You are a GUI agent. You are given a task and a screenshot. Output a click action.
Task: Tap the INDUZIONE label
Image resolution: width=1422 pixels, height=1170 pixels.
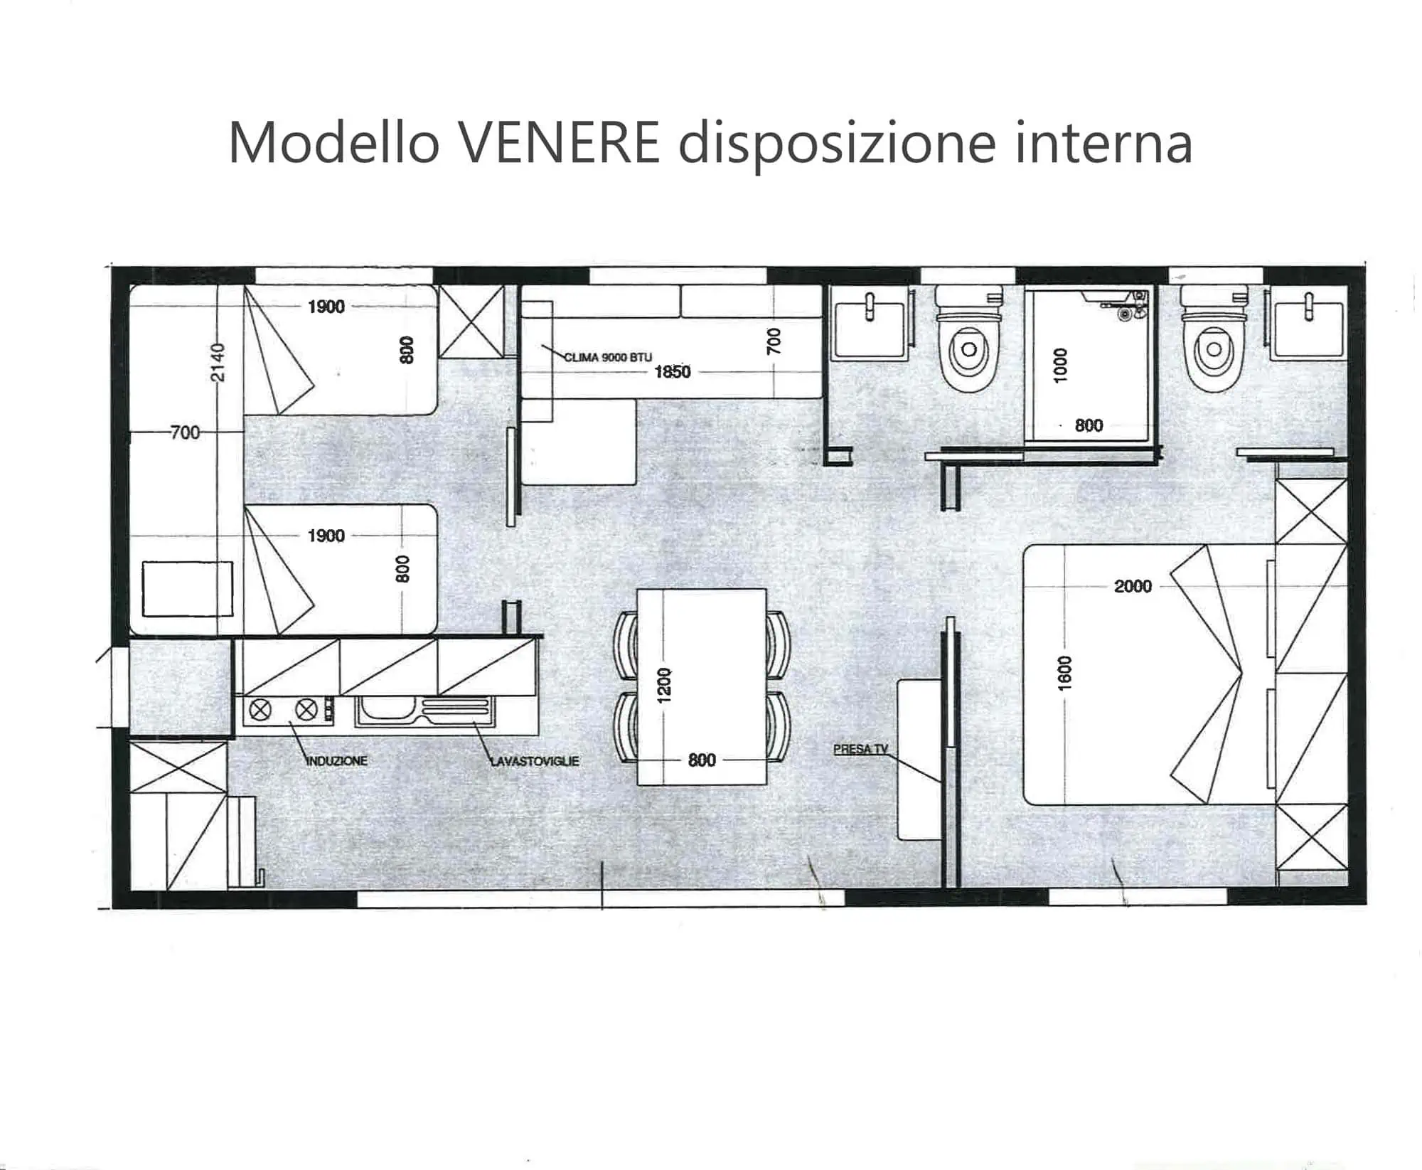[336, 760]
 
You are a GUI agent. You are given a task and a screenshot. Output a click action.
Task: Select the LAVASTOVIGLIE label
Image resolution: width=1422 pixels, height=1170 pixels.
[535, 760]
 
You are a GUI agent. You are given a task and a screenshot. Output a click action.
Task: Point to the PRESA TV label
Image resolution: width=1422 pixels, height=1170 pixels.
[860, 749]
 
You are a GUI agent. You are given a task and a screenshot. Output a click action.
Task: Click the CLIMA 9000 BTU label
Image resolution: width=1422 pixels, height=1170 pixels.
[608, 357]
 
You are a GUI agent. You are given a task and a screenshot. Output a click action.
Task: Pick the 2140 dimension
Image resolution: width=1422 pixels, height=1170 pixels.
[218, 363]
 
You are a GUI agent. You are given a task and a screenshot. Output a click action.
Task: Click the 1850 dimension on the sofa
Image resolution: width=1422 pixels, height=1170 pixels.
[672, 372]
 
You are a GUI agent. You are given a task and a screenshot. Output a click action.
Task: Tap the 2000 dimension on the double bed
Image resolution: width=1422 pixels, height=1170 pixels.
[1133, 586]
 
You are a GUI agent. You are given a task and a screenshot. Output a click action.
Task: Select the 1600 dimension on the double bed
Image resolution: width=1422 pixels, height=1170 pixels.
[1064, 673]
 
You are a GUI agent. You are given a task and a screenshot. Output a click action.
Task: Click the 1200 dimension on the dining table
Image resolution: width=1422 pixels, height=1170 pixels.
[664, 686]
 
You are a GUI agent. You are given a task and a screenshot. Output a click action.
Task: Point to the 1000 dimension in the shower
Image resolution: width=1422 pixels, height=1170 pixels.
[1060, 366]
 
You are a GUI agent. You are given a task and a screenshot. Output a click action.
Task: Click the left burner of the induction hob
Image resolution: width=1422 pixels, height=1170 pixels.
[261, 709]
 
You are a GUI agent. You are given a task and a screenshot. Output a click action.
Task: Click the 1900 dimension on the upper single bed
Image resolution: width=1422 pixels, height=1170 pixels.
[326, 307]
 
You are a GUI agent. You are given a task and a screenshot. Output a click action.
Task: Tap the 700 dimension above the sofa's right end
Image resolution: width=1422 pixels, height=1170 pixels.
[774, 341]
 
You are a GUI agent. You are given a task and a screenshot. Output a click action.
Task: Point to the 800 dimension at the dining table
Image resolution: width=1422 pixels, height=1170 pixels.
[702, 760]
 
